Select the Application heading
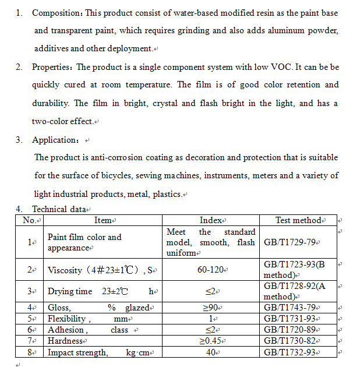click(x=55, y=140)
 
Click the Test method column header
click(x=298, y=220)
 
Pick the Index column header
click(x=211, y=220)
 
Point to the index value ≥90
click(x=210, y=307)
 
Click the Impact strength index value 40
click(x=210, y=352)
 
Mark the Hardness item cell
click(x=65, y=341)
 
